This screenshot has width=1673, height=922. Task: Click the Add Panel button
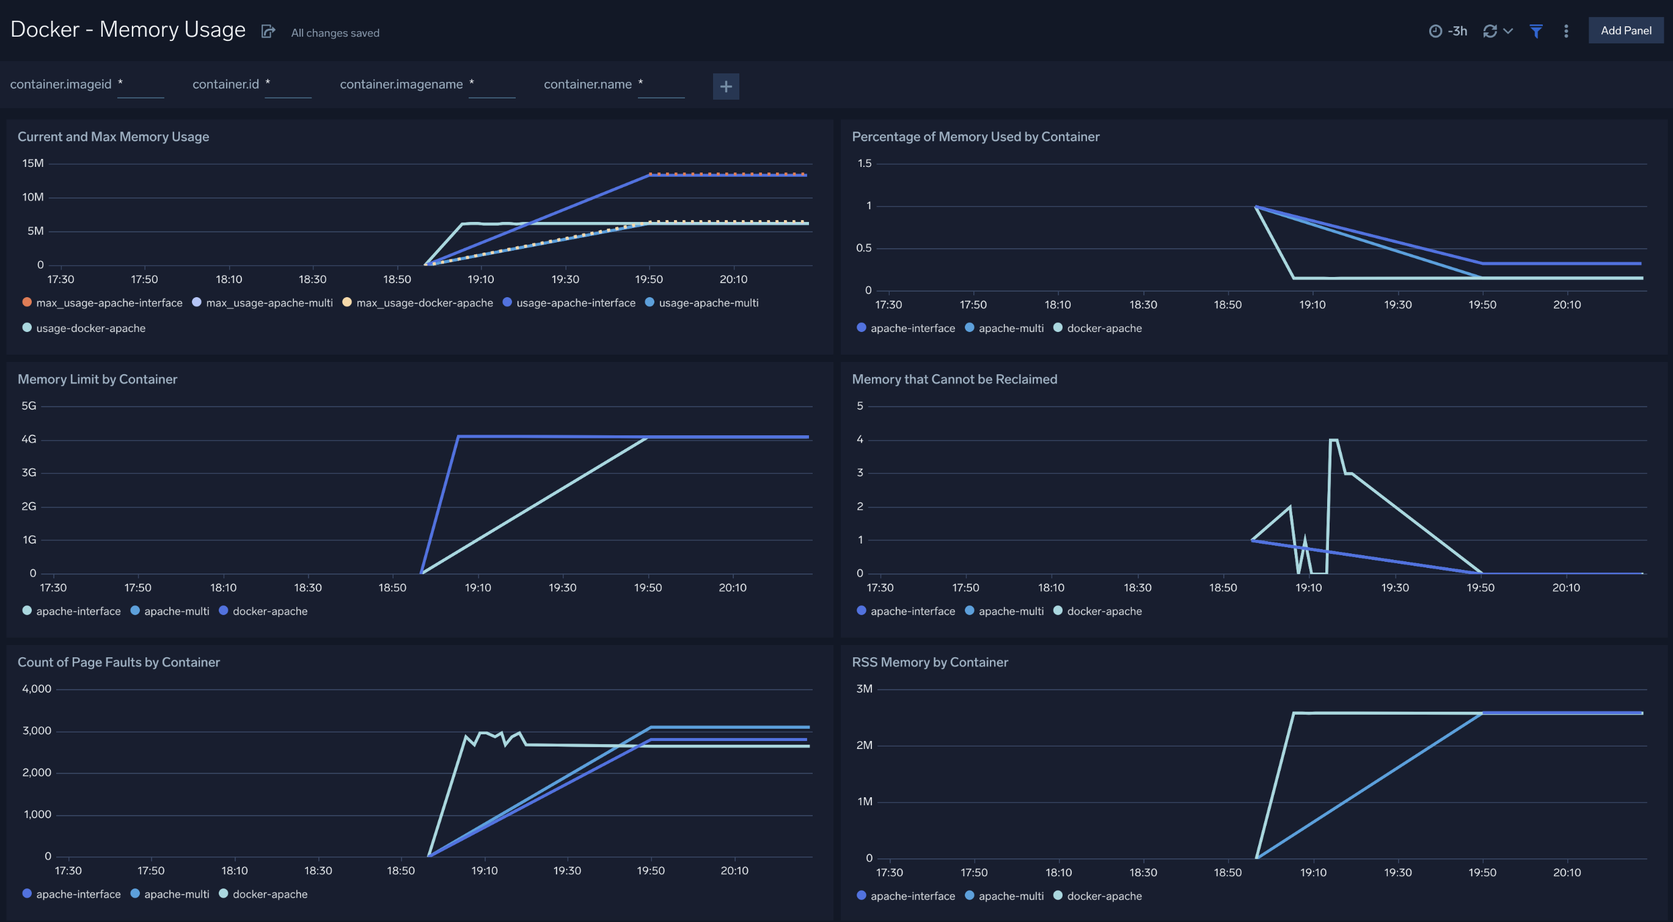tap(1625, 31)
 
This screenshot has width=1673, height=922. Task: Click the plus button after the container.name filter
tap(725, 86)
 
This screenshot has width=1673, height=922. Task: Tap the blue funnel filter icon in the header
tap(1536, 31)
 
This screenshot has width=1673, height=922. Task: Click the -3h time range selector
tap(1448, 31)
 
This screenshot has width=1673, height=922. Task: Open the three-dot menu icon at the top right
tap(1566, 31)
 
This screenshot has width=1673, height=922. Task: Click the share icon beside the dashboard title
tap(268, 31)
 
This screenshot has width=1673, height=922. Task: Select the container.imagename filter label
tap(401, 84)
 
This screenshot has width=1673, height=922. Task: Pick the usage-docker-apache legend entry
tap(90, 328)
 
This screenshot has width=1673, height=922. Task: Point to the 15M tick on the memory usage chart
tap(33, 163)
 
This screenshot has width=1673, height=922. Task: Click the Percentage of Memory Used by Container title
tap(975, 136)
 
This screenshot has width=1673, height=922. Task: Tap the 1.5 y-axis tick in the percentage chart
tap(864, 163)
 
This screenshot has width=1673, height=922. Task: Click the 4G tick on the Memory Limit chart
tap(29, 439)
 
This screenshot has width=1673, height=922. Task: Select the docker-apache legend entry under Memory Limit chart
tap(269, 611)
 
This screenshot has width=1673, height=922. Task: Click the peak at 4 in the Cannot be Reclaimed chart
tap(1333, 441)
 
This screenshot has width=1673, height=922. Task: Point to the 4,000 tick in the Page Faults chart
tap(37, 688)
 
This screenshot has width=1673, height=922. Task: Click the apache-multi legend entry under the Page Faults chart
tap(176, 894)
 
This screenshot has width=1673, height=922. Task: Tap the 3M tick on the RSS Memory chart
tap(864, 688)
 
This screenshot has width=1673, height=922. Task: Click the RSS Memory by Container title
tap(929, 662)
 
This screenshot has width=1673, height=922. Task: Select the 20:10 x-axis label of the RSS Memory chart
tap(1566, 872)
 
